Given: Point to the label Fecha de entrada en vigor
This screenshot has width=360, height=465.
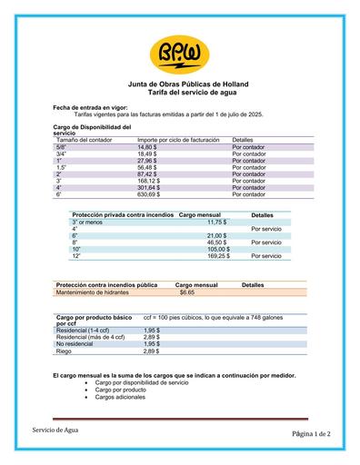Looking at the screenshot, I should point(90,108).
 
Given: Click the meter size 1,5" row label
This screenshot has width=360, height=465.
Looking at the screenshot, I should point(62,167).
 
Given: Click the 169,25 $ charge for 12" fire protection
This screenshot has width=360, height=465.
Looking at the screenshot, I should point(218,256).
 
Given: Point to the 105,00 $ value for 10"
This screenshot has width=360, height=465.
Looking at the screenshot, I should point(218,249).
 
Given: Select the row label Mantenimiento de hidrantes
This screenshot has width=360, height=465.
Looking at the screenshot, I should point(92,292).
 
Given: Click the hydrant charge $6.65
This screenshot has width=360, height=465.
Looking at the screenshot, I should point(187,292).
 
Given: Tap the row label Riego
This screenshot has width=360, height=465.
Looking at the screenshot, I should point(64,351).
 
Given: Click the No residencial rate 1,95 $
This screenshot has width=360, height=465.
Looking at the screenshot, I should point(152,344).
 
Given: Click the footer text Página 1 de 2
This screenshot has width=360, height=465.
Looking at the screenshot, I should point(311,434).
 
